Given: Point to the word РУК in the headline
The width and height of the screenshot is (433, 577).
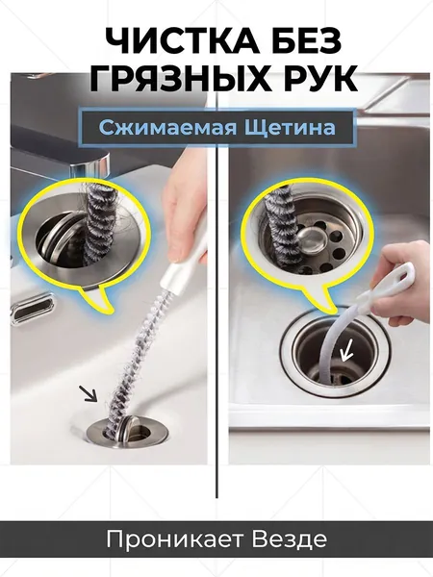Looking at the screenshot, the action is (x=321, y=78).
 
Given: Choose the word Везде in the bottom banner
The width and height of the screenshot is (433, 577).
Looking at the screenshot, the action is (x=290, y=539).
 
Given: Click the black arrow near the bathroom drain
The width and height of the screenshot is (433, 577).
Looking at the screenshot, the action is (x=89, y=393).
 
